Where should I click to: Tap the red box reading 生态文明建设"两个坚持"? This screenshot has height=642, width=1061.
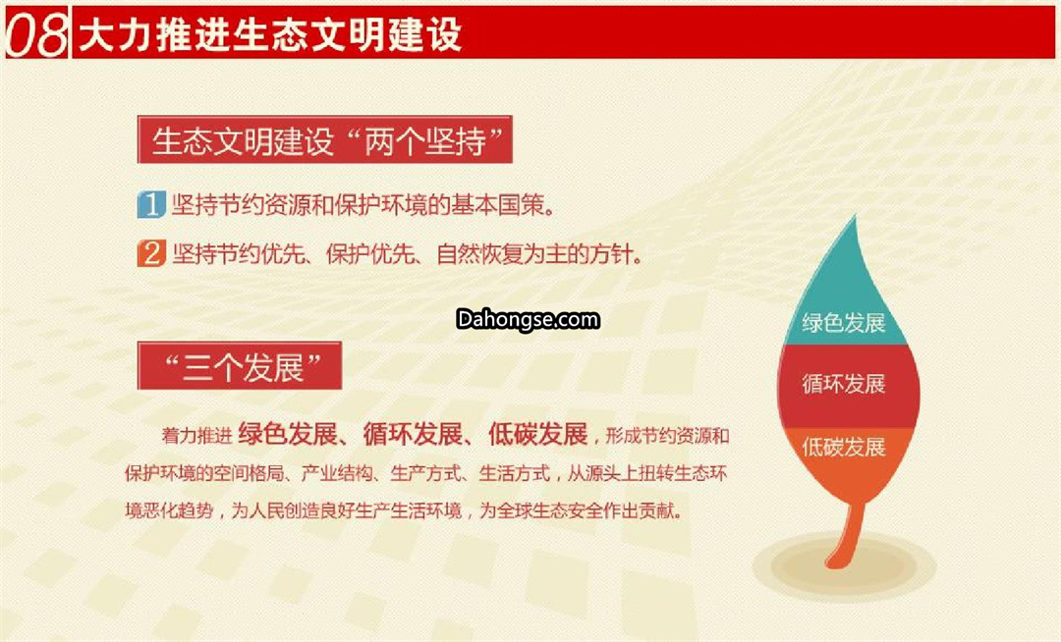point(325,140)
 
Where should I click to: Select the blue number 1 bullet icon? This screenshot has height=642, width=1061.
point(151,204)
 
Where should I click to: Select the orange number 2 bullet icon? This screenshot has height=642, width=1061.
point(151,253)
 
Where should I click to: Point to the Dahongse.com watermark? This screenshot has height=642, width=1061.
point(528,320)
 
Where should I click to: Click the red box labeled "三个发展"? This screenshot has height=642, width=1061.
point(240,366)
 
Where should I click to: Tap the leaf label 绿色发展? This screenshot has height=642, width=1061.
point(844,323)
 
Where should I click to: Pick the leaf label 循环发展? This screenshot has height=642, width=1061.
point(844,384)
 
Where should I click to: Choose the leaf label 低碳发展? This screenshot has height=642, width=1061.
point(844,447)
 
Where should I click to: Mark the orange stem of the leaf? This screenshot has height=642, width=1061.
point(849,534)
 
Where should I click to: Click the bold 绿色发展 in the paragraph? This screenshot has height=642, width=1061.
point(288,434)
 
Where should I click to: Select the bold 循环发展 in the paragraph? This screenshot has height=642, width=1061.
point(413,434)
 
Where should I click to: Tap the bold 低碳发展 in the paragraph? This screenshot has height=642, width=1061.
point(538,434)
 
